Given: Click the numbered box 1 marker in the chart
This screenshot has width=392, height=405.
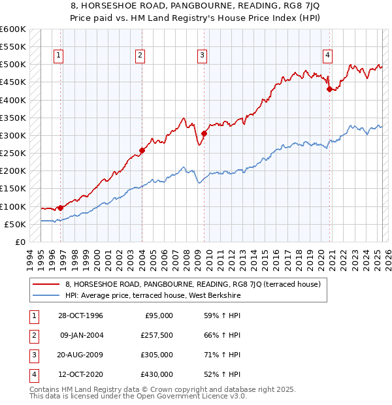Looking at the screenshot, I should [x=59, y=56].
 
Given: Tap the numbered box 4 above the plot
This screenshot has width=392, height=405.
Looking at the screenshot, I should [x=327, y=56].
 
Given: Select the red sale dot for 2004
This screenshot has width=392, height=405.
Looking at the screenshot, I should [x=142, y=151].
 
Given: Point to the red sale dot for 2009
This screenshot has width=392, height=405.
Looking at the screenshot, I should [x=204, y=134].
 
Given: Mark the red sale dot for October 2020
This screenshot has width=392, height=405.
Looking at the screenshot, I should [x=329, y=89].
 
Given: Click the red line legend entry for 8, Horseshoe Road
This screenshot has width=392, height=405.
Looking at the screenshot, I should [x=192, y=284].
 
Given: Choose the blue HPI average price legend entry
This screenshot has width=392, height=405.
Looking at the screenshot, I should [x=153, y=295].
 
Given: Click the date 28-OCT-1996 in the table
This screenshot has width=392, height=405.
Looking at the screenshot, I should [x=80, y=316].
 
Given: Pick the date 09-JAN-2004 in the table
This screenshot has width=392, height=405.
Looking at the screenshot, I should [x=80, y=335].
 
